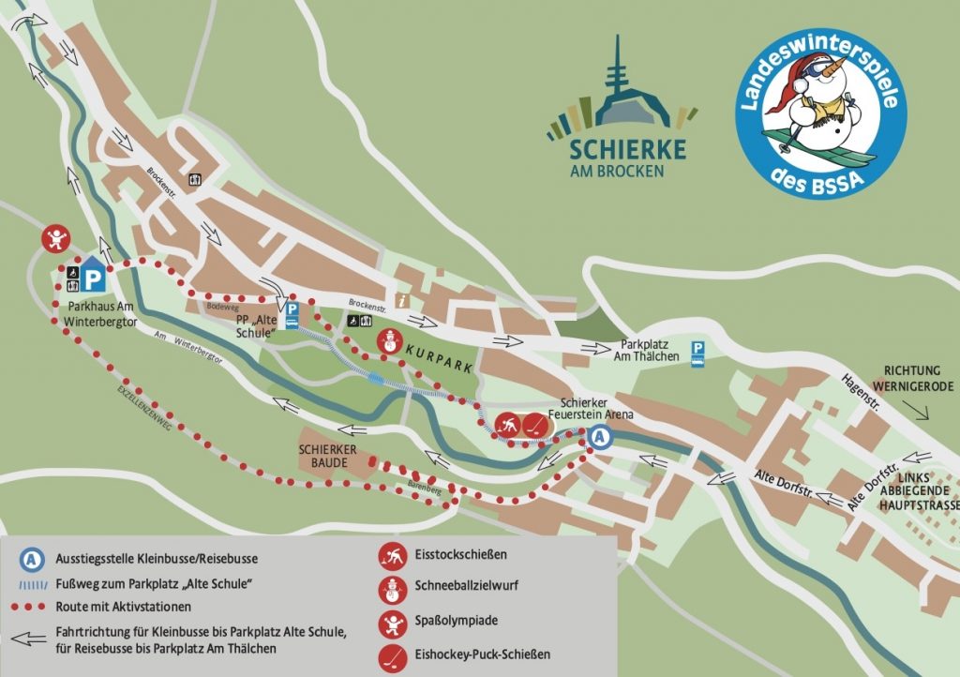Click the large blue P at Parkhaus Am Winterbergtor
(92, 278)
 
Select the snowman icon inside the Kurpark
(388, 342)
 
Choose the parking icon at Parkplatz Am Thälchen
(697, 352)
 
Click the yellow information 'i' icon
(401, 300)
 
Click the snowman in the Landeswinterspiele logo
(817, 103)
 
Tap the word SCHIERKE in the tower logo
(627, 150)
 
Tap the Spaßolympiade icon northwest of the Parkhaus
(57, 239)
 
